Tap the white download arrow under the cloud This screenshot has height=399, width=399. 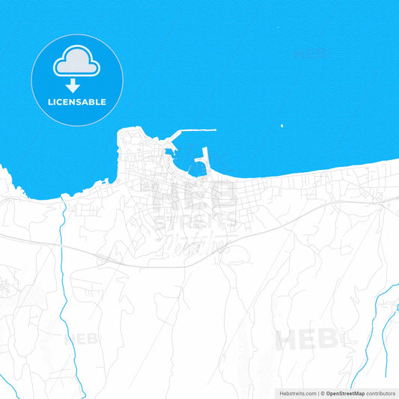[x=73, y=85]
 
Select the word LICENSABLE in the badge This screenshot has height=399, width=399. [x=77, y=102]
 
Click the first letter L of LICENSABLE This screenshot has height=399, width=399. [x=50, y=102]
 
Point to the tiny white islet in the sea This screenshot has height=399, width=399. [x=281, y=126]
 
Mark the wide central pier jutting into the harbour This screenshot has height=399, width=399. [x=202, y=159]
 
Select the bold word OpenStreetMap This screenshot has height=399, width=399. [x=345, y=393]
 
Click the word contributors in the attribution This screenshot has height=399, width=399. [x=381, y=393]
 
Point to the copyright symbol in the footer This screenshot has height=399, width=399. [x=323, y=393]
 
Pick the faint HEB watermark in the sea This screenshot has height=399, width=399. [x=310, y=54]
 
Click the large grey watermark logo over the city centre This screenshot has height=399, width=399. [x=195, y=213]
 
